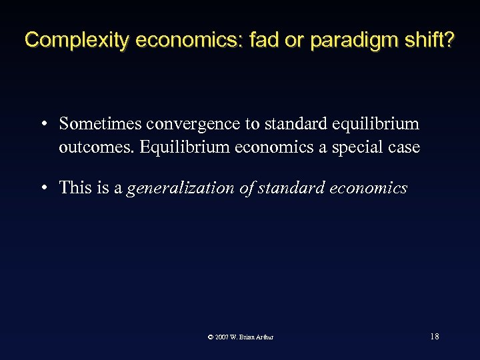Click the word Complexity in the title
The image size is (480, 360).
click(x=77, y=40)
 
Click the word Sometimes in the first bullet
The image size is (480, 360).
click(x=100, y=124)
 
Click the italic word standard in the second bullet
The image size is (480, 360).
click(x=289, y=188)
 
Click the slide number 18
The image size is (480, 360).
click(x=434, y=337)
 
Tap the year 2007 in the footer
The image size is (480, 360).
click(x=223, y=337)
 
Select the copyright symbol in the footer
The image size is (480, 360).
click(x=211, y=337)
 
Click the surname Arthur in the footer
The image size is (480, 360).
click(x=265, y=337)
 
